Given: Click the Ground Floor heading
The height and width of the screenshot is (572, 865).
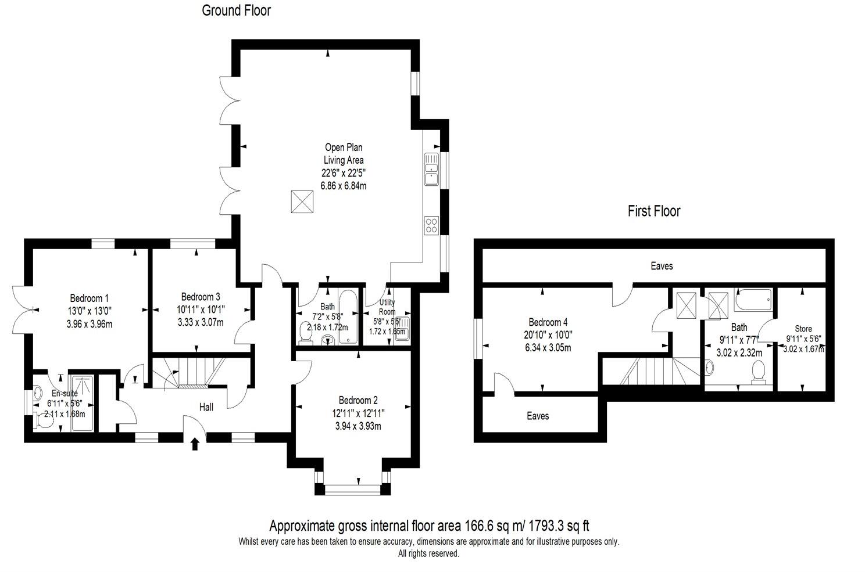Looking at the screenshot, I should (x=236, y=10).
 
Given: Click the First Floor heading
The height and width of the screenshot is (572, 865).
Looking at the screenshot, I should (x=653, y=211).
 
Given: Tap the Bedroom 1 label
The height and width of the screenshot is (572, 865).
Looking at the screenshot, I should (x=90, y=299).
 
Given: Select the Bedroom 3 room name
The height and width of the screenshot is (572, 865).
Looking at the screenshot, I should (x=200, y=297).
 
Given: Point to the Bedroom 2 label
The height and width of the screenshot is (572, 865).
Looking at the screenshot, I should (x=358, y=400).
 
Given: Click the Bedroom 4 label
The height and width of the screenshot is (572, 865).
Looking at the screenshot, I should (x=548, y=322).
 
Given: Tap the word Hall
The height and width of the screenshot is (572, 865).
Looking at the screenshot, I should (x=206, y=407).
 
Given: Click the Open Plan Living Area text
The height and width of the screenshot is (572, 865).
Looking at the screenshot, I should (x=344, y=154).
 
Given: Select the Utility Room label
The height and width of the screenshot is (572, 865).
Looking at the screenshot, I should (x=387, y=307).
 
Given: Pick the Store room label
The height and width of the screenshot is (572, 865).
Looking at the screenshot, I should (x=803, y=329).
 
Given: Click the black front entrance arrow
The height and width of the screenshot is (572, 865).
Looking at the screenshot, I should (x=195, y=444).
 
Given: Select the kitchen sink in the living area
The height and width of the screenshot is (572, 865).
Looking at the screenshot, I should (x=431, y=169).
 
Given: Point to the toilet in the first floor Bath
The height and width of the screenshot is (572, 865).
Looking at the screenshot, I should (x=758, y=372).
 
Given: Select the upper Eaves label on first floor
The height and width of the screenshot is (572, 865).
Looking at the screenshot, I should (x=662, y=266).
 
